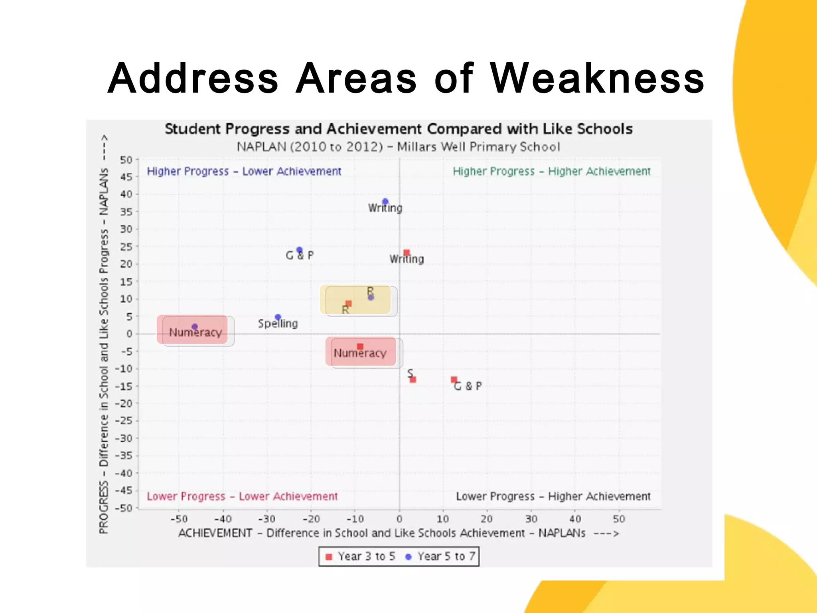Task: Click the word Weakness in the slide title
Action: coord(597,79)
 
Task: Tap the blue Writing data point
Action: coord(385,202)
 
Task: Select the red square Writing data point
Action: coord(407,253)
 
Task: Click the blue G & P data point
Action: coord(300,250)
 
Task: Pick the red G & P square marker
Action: coord(454,380)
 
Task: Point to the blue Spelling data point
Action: coord(278,317)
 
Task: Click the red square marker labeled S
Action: coord(413,380)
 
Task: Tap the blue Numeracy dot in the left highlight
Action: coord(195,327)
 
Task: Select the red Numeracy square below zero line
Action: coord(360,346)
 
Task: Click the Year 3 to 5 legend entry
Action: coord(361,556)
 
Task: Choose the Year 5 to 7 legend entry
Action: coord(440,556)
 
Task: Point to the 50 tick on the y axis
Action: coord(126,160)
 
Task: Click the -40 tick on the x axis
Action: coord(223,519)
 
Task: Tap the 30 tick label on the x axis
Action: coord(531,519)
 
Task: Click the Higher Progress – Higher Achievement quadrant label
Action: coord(551,172)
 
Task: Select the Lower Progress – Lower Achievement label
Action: coord(242,496)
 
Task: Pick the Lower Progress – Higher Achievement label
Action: coord(553,496)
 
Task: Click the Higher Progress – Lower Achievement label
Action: coord(244,172)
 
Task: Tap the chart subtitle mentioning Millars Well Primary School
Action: coord(398,147)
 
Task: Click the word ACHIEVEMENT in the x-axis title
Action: coord(215,533)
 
